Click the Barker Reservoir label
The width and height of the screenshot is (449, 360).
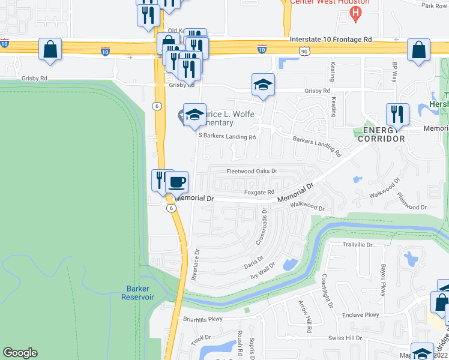click(x=137, y=293)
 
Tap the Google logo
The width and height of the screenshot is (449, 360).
click(x=20, y=353)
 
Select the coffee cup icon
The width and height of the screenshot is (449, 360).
click(x=176, y=182)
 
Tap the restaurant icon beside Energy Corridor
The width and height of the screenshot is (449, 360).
click(x=397, y=114)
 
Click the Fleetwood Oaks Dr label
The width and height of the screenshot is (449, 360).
click(x=252, y=171)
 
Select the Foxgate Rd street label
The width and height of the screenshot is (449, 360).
click(x=260, y=193)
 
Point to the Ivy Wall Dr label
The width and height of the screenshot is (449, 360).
click(x=263, y=271)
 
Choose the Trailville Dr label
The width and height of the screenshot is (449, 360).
click(x=357, y=245)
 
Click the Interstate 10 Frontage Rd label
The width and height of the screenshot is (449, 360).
click(x=330, y=40)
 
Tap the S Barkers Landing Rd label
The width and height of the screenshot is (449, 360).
click(x=228, y=136)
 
